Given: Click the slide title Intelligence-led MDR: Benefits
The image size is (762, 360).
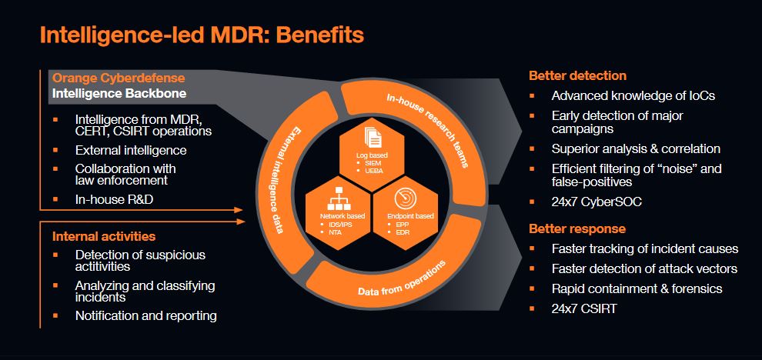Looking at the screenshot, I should tap(201, 35).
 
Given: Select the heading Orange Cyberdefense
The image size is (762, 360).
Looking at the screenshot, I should tap(118, 78).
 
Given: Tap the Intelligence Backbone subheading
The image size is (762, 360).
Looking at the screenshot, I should tap(119, 95).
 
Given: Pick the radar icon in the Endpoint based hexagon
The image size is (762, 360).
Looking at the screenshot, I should tap(405, 200).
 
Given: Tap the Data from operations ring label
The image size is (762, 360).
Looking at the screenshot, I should tap(402, 282).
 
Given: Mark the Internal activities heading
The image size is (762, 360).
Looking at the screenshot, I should tap(104, 235).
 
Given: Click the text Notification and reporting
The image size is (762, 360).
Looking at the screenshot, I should tap(145, 315).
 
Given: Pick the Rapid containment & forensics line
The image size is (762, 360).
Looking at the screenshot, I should tap(637, 288).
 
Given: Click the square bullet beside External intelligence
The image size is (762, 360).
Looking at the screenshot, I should tap(55, 151).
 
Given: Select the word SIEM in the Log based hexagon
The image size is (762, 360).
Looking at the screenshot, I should tap(372, 162).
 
